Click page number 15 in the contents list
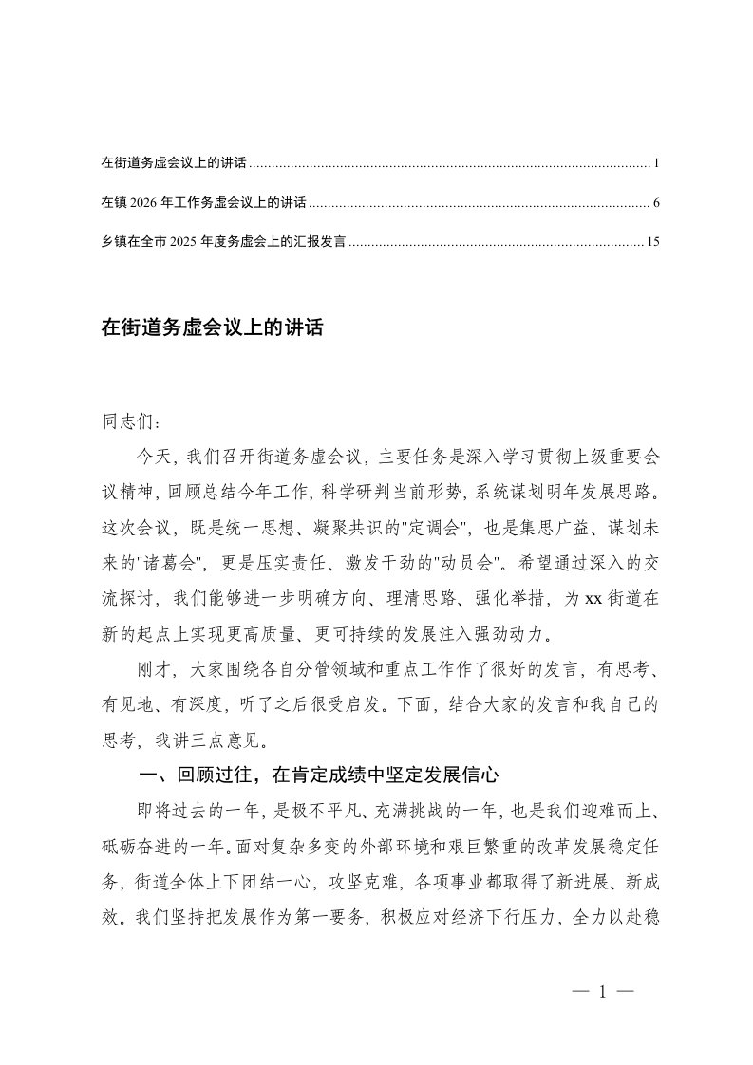(652, 242)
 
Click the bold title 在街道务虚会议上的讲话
(213, 328)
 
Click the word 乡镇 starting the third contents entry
(112, 242)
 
